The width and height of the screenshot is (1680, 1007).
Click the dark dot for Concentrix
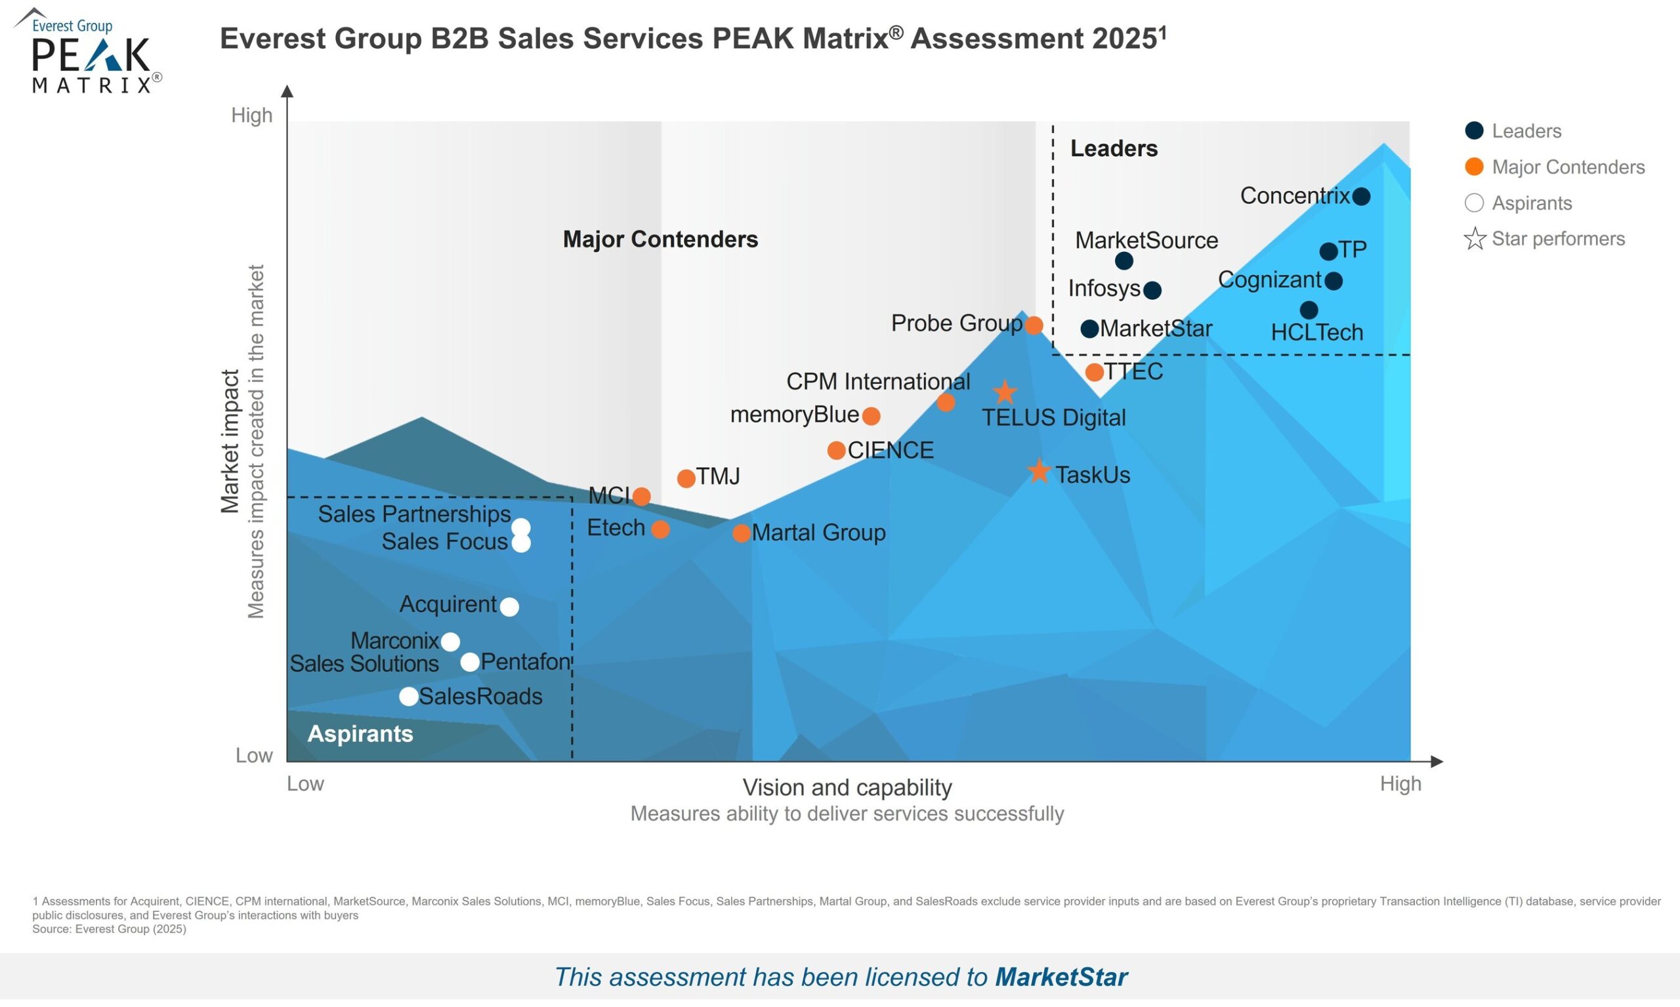coord(1361,197)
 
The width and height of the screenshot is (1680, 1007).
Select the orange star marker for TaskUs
coord(1039,471)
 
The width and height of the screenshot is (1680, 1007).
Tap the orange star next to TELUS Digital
coord(1005,392)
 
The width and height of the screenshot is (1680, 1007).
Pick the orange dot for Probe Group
coord(1034,325)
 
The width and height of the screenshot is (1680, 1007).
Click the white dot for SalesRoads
coord(409,696)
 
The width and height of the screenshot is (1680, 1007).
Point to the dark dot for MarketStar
coord(1089,329)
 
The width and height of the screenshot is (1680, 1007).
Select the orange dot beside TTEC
coord(1094,372)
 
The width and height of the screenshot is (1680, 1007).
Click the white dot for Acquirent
coord(509,607)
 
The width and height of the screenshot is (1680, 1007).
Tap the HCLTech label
coord(1317,333)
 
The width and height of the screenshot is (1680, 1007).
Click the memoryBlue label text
coord(794,415)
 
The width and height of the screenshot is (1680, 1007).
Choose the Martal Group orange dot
coord(742,533)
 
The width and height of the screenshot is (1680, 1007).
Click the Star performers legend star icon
coord(1475,239)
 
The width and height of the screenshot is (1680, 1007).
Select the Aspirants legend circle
coord(1475,203)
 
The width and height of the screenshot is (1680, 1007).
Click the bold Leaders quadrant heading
coord(1114,149)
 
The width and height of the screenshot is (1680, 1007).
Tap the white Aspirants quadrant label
coord(360,734)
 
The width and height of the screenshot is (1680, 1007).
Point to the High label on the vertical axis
coord(252,115)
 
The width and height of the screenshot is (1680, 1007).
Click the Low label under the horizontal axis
coord(304,784)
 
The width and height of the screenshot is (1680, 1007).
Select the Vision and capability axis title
coord(847,788)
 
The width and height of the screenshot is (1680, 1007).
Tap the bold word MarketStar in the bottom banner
coord(1061,977)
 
